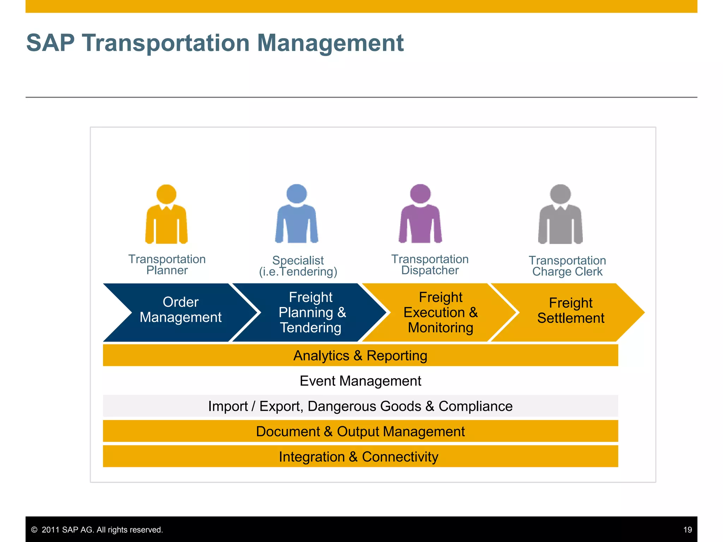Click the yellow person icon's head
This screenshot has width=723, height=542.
click(x=166, y=194)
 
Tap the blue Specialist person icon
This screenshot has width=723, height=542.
click(x=297, y=215)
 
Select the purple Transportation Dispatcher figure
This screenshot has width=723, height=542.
click(x=420, y=215)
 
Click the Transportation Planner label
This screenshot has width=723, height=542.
click(x=167, y=265)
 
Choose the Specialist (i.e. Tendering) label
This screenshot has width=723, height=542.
click(x=298, y=266)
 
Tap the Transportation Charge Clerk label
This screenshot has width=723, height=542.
click(x=567, y=266)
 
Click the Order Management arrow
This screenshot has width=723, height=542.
click(x=180, y=310)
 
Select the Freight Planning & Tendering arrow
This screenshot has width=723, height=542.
click(x=311, y=313)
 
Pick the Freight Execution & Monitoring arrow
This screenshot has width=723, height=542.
click(x=440, y=313)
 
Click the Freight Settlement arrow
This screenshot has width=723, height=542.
click(x=570, y=311)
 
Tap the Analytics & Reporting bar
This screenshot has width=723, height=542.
click(x=360, y=356)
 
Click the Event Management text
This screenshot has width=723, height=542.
click(x=360, y=381)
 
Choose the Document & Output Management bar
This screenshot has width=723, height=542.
click(x=360, y=432)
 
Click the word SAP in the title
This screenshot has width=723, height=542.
click(x=50, y=43)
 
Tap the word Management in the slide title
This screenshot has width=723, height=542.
click(x=330, y=43)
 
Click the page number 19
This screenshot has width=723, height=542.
click(x=687, y=530)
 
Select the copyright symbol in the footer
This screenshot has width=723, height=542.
click(x=34, y=530)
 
